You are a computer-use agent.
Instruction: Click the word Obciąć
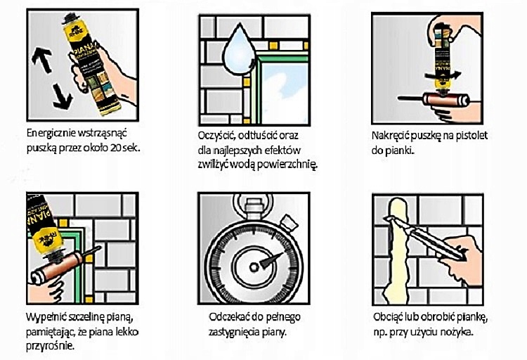pos(392,316)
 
